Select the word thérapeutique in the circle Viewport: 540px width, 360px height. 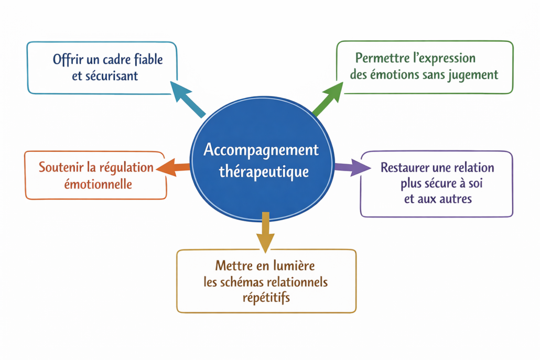[x=264, y=171]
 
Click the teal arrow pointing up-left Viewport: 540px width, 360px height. [x=187, y=99]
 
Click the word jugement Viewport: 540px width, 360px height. [x=475, y=74]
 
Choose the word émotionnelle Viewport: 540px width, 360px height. [x=98, y=184]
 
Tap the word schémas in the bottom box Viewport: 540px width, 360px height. [x=241, y=282]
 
